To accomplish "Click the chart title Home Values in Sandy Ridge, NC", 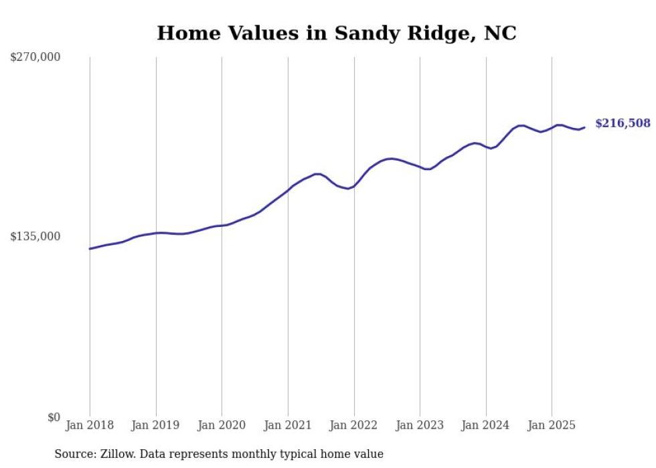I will (336, 33).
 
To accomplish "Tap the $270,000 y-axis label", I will (35, 58).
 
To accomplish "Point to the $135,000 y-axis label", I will (35, 236).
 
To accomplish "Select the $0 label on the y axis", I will (54, 417).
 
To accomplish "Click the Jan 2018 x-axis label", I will (90, 425).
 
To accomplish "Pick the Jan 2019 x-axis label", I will (156, 425).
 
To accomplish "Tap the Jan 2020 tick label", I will (222, 425).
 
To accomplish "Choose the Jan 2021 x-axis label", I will (288, 425).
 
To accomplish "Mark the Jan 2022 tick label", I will (354, 425).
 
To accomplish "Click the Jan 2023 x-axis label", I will (420, 425).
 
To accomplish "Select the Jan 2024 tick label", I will (486, 425).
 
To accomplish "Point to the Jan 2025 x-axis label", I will (552, 425).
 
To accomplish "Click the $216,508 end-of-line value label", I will (623, 123).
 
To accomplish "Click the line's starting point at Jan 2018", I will (90, 248).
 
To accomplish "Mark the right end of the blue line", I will (584, 127).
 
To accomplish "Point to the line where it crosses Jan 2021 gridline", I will (288, 190).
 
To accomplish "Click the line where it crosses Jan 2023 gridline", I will (420, 167).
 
